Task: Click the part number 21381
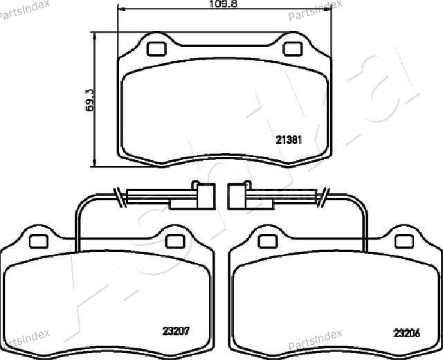point(289,140)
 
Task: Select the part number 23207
point(176,331)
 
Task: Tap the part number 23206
point(406,333)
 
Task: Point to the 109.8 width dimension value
point(223,4)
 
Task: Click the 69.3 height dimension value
point(89,100)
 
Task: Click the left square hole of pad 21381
point(156,49)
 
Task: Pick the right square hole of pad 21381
point(292,49)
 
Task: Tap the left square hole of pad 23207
point(39,242)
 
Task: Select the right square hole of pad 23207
point(175,242)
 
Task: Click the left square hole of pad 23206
point(268,242)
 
